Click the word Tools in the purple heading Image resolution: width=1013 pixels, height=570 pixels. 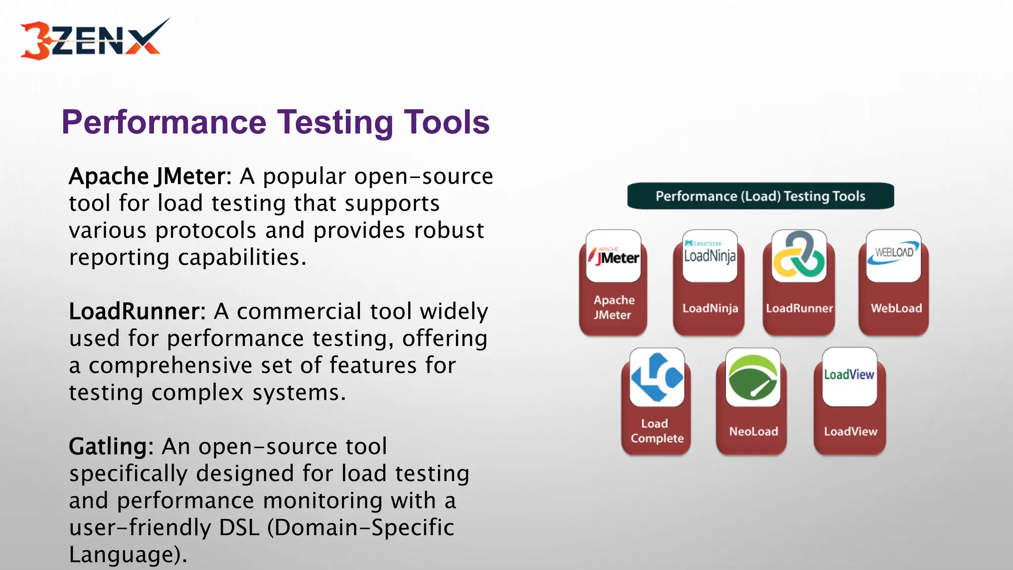point(446,122)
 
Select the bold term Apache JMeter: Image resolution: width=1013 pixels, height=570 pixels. point(150,176)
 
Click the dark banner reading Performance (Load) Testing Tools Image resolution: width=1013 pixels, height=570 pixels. point(760,196)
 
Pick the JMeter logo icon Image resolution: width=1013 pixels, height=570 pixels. point(613,256)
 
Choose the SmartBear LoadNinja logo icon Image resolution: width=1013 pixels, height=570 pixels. point(710,255)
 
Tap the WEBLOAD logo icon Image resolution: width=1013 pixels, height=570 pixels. point(893,255)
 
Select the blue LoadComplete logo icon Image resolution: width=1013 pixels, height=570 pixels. point(657,377)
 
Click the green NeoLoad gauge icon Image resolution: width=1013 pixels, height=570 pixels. point(753,377)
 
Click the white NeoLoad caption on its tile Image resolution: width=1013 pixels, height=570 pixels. point(753,431)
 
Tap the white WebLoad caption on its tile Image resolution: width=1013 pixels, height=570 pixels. point(896,308)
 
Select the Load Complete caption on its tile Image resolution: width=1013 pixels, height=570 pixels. point(657,431)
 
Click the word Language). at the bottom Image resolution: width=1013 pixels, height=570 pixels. point(128,555)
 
